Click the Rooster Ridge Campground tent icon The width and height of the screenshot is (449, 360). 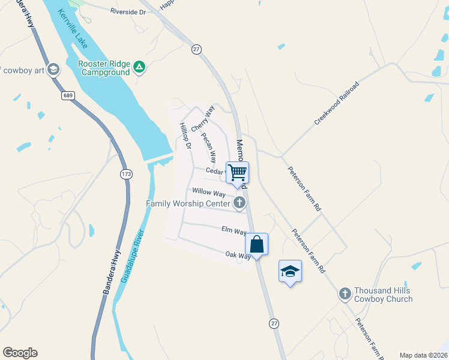pos(139,67)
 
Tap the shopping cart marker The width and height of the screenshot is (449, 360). pos(238,173)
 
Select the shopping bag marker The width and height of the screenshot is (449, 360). pos(257,245)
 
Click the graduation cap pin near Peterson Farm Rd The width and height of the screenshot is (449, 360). pos(290,271)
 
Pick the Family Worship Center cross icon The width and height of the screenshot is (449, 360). pos(240,203)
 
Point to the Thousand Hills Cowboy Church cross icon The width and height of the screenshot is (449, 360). pos(345,293)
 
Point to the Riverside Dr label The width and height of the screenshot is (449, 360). pos(128,11)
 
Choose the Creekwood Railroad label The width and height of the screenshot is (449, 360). pos(336,103)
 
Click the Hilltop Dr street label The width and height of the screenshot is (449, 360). pos(184,136)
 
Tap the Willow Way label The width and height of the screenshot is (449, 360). pos(208,193)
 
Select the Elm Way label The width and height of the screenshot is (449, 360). pos(234,230)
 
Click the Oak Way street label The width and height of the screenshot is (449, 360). pos(238,256)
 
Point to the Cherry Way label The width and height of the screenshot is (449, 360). pos(202,119)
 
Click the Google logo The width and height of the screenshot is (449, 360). pos(20,353)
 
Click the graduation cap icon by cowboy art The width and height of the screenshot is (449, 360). pos(53,70)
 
